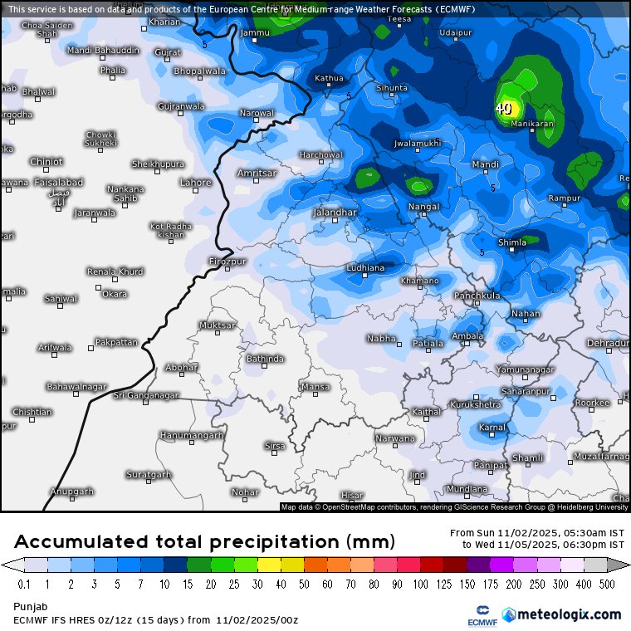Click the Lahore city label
tap(196, 183)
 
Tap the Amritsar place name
tap(256, 173)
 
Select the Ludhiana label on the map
tap(365, 267)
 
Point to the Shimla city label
tap(512, 242)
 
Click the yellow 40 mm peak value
tap(504, 108)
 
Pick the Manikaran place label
tap(531, 124)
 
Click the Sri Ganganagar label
tap(146, 395)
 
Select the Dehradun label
tap(608, 343)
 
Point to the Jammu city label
tap(255, 32)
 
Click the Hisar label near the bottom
tap(352, 495)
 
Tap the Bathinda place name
tap(265, 359)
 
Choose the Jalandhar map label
tap(335, 213)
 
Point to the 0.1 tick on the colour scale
tap(23, 585)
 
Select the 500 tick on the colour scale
tap(608, 585)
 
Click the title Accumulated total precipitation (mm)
tap(204, 542)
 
